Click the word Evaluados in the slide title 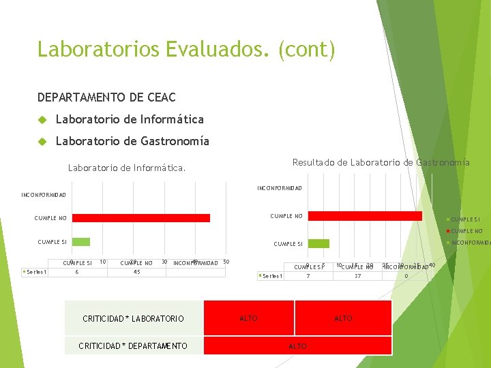(218, 50)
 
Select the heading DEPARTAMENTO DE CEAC (106, 98)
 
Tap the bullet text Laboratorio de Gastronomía (132, 141)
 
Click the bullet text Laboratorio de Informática (130, 119)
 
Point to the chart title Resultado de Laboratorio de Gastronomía (381, 162)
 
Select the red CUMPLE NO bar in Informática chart (141, 218)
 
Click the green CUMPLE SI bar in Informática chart (81, 241)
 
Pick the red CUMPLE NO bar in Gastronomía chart (361, 216)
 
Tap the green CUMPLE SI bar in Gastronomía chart (318, 243)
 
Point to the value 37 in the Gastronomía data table (357, 276)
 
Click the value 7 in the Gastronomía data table (308, 276)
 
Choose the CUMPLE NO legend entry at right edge (466, 231)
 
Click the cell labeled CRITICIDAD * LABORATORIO (133, 318)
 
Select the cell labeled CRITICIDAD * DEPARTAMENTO (133, 346)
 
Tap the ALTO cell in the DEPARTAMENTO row (298, 346)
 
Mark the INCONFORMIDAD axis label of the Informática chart (44, 195)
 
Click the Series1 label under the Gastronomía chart (273, 276)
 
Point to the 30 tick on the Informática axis (164, 262)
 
